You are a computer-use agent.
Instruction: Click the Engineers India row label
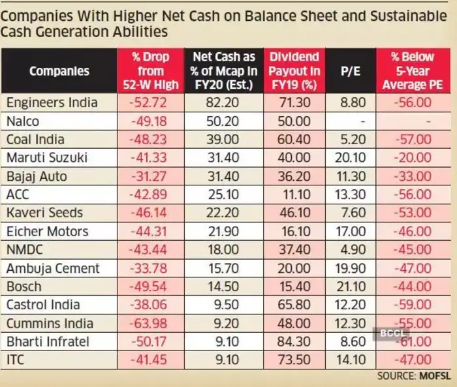click(x=52, y=102)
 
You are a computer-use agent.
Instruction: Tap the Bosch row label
click(x=24, y=286)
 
